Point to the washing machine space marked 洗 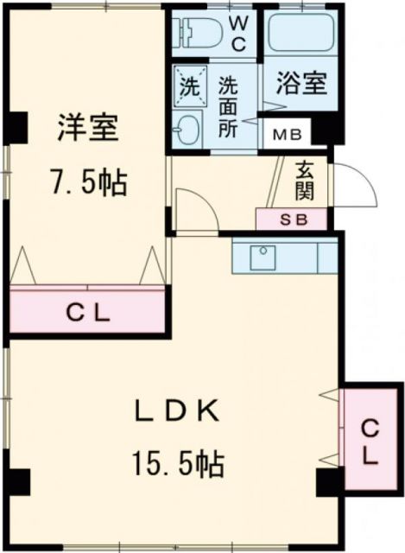[187, 86]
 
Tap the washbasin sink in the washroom [186, 132]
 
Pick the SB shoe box [291, 219]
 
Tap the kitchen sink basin [263, 257]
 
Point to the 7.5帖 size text [85, 182]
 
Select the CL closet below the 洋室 [87, 314]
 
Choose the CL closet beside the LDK [370, 441]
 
